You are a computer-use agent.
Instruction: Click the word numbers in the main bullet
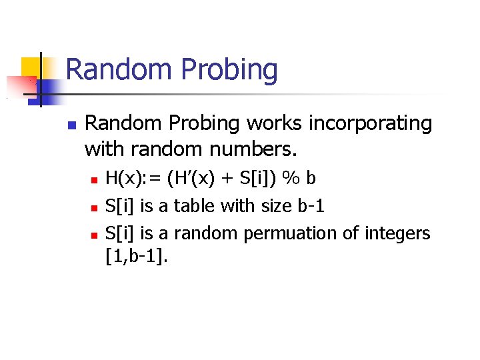[x=255, y=149]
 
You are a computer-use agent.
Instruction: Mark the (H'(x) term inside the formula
[x=189, y=179]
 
